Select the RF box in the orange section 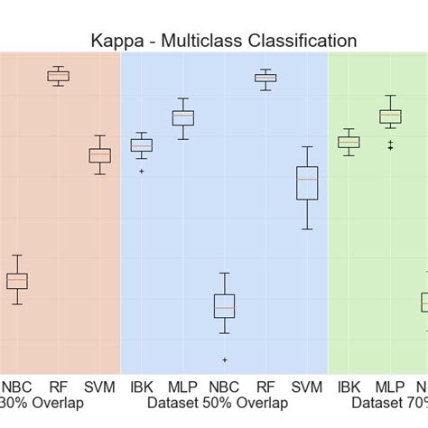pos(59,77)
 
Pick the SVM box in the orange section pos(99,155)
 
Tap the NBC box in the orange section pos(17,281)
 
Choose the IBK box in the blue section pos(142,145)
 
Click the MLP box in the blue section pos(183,117)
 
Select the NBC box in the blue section pos(224,305)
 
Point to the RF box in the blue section pos(265,79)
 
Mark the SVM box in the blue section pos(307,182)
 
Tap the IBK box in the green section pos(349,142)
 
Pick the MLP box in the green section pos(390,116)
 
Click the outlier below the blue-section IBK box pos(142,171)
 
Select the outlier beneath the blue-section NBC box pos(224,359)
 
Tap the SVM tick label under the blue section pos(307,386)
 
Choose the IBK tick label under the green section pos(349,386)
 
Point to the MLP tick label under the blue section pos(183,386)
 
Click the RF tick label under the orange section pos(59,386)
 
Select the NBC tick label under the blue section pos(224,386)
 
